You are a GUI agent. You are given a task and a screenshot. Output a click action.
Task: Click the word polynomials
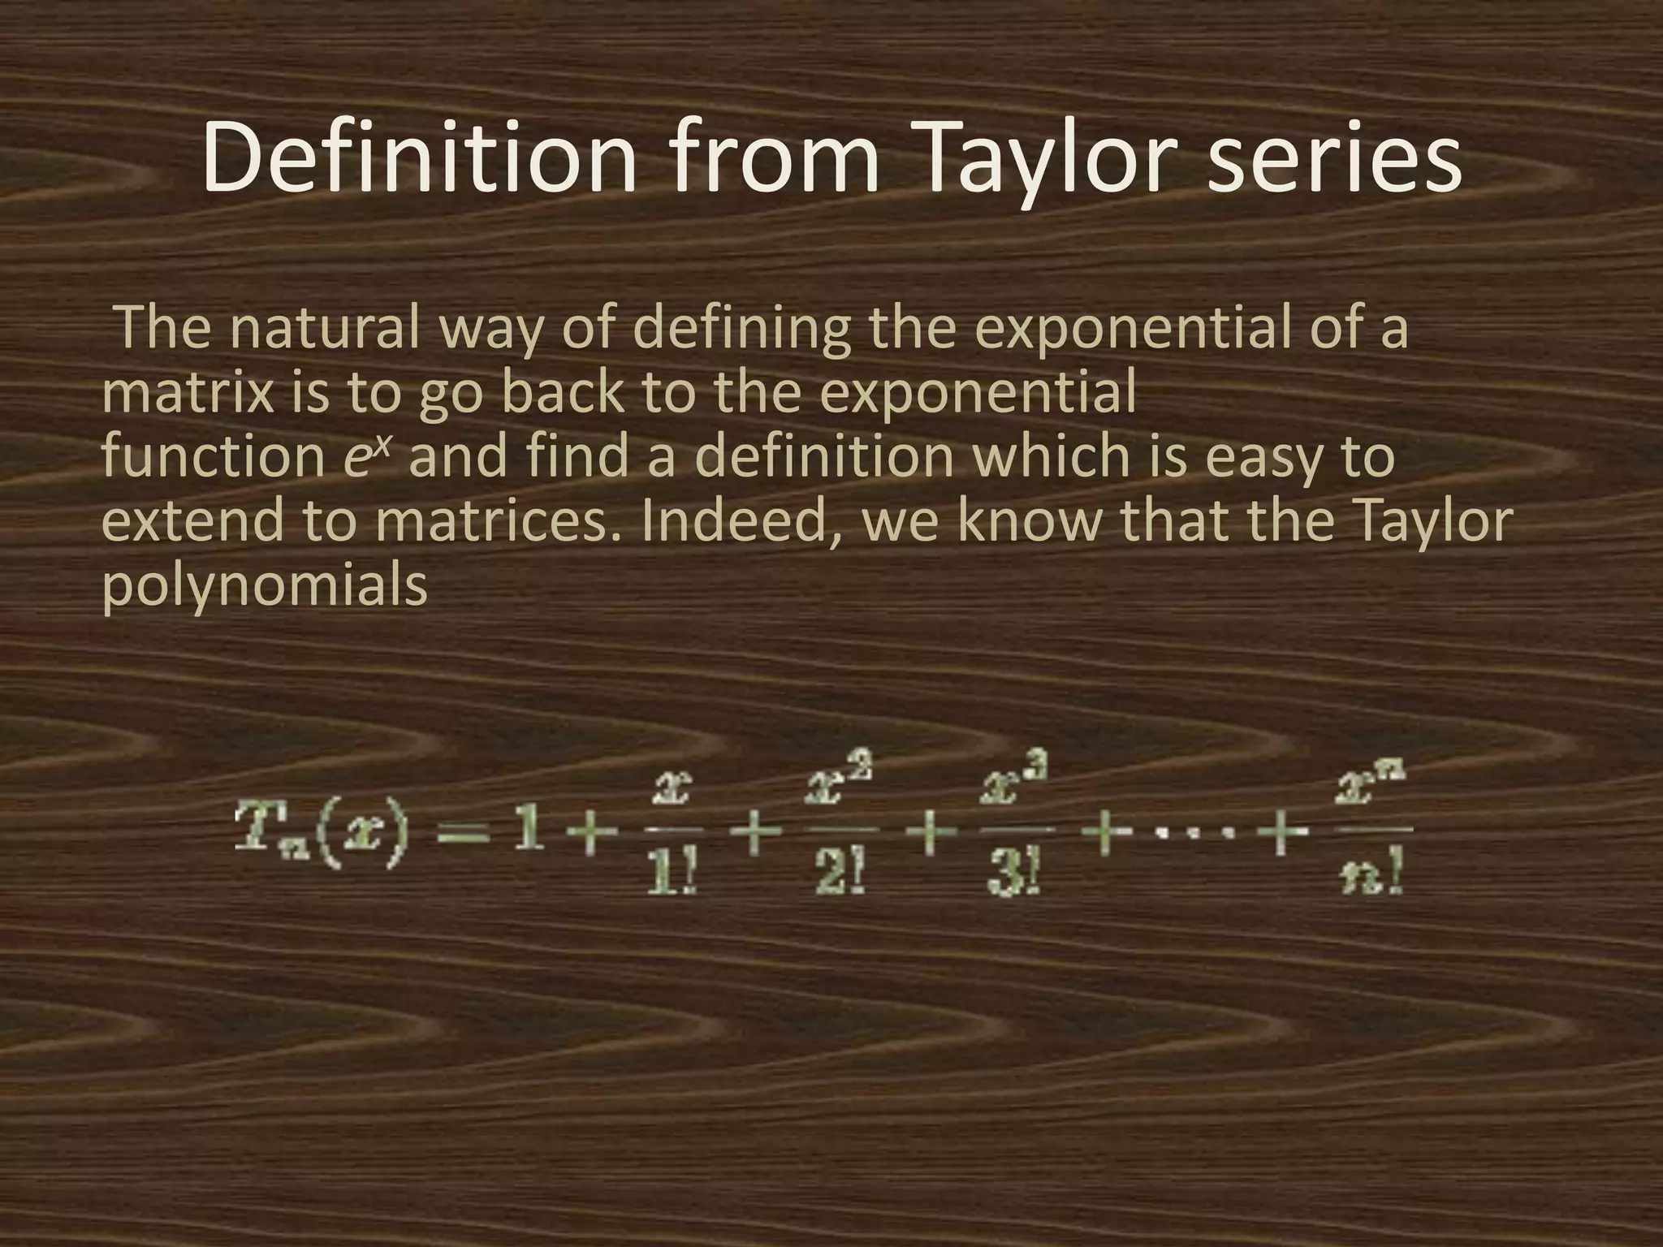coord(264,586)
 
